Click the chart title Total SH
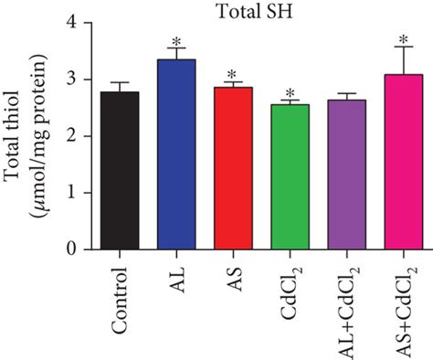pyautogui.click(x=247, y=11)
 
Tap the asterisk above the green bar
pyautogui.click(x=290, y=94)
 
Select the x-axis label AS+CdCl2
pyautogui.click(x=402, y=302)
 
